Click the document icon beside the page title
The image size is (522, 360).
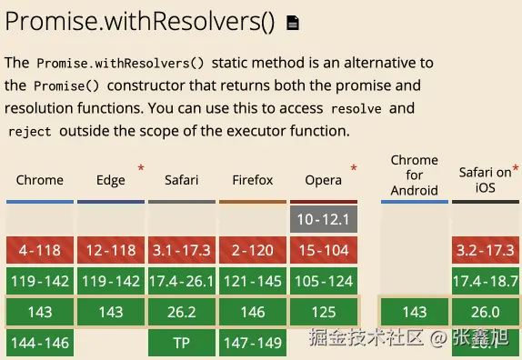pyautogui.click(x=293, y=23)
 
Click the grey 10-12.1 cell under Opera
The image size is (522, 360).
pyautogui.click(x=324, y=219)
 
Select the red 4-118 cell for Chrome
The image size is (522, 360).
pyautogui.click(x=40, y=250)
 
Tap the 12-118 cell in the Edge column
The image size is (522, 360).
pyautogui.click(x=111, y=250)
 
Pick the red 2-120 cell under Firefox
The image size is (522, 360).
pyautogui.click(x=253, y=250)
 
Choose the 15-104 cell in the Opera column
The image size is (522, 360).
pyautogui.click(x=324, y=250)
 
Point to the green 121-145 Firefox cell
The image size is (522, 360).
pyautogui.click(x=253, y=281)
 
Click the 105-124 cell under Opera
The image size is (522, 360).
pyautogui.click(x=324, y=281)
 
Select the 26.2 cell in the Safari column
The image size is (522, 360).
pyautogui.click(x=182, y=312)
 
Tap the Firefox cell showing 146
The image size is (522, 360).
pyautogui.click(x=253, y=312)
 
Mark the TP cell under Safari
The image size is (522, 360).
pyautogui.click(x=182, y=343)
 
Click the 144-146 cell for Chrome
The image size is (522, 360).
pyautogui.click(x=40, y=343)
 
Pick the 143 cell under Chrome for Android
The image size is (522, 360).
pyautogui.click(x=415, y=312)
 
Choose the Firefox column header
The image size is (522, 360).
pyautogui.click(x=253, y=180)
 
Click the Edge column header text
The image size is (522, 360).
pyautogui.click(x=111, y=180)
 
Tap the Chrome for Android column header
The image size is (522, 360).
pyautogui.click(x=415, y=175)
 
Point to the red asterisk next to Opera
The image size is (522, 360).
pyautogui.click(x=354, y=167)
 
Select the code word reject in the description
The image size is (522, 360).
pyautogui.click(x=30, y=132)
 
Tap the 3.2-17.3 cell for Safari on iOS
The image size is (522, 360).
pyautogui.click(x=486, y=250)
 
